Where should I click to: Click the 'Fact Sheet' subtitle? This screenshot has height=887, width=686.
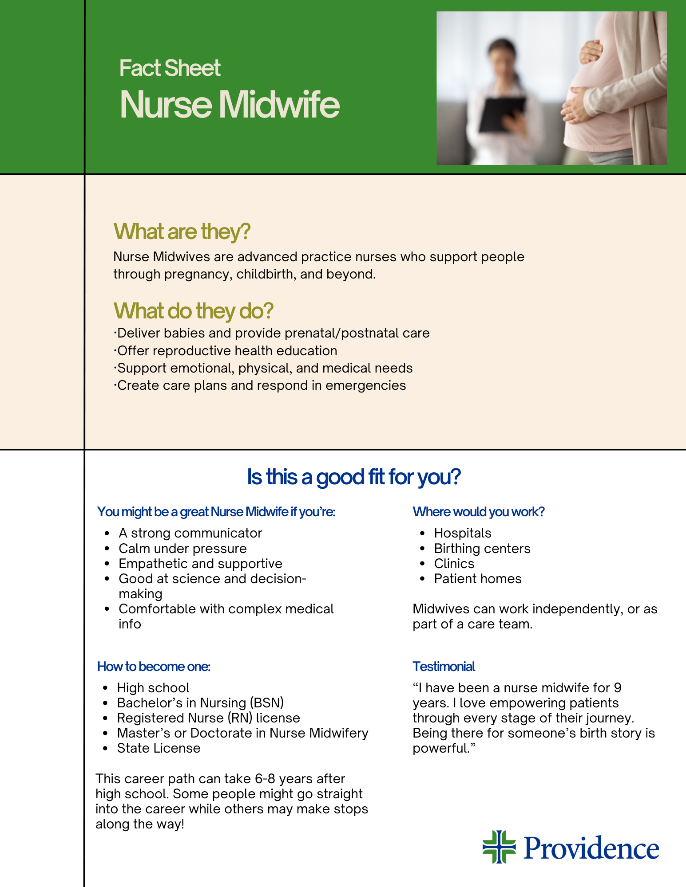point(170,68)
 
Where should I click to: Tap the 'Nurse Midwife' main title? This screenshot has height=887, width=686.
point(230,105)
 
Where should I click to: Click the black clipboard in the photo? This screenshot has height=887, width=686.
point(502,114)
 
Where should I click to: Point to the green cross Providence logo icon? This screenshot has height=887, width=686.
point(499,847)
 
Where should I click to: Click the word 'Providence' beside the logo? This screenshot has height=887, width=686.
point(591,848)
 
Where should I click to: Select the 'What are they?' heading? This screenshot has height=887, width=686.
point(182,232)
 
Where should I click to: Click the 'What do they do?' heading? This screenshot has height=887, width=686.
point(194,311)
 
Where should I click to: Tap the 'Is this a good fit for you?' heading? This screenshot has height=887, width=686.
point(354,477)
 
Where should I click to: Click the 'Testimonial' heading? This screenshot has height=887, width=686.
point(444,667)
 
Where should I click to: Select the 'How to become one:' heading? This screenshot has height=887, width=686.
point(154,667)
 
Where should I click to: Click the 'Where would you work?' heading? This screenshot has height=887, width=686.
point(479,512)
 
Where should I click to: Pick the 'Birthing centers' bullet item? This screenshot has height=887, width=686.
point(482,549)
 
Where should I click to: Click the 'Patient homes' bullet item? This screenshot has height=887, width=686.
point(478,579)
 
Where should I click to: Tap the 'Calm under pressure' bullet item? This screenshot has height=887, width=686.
point(182,549)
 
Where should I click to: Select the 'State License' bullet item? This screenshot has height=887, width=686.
point(159,748)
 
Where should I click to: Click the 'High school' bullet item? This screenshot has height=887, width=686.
point(153,688)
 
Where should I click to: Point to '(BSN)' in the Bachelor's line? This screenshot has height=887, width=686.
point(267,703)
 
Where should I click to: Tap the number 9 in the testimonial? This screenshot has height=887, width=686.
point(618,688)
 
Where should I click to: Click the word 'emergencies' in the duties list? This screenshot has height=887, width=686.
point(366,385)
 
